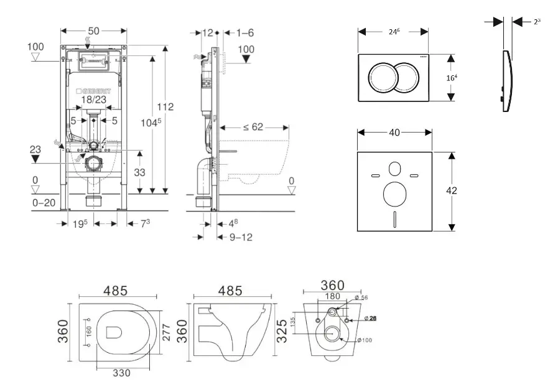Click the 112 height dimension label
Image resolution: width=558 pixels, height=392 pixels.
[x=166, y=107]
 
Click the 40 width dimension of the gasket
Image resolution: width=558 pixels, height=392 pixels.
[x=394, y=132]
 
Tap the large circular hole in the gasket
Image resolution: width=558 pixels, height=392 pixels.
[x=394, y=195]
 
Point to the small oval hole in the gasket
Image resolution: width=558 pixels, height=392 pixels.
[x=394, y=168]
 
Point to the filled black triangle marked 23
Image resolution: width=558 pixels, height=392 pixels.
[x=37, y=159]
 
